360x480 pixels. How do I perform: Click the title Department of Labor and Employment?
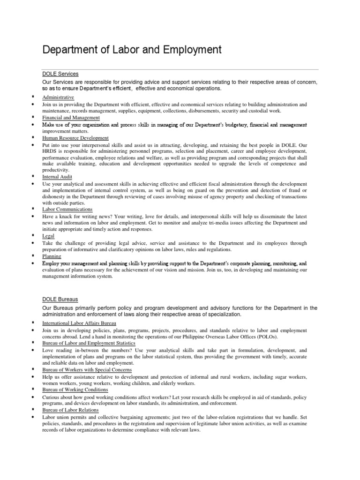click(132, 50)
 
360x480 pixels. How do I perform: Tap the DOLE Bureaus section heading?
click(60, 299)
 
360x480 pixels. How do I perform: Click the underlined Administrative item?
click(58, 97)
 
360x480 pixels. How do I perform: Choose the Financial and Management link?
click(71, 118)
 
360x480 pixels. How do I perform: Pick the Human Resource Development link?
click(75, 138)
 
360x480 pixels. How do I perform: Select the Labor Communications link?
click(67, 209)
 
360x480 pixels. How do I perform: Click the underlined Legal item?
click(48, 236)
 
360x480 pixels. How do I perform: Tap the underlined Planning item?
click(52, 256)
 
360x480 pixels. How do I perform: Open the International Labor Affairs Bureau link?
click(79, 323)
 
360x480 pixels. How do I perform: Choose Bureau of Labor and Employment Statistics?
click(85, 344)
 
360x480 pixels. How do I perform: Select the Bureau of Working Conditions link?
click(75, 390)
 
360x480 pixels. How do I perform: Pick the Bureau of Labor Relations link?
click(70, 410)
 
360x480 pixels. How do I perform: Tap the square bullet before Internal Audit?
click(32, 177)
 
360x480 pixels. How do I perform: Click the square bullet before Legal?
click(32, 236)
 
